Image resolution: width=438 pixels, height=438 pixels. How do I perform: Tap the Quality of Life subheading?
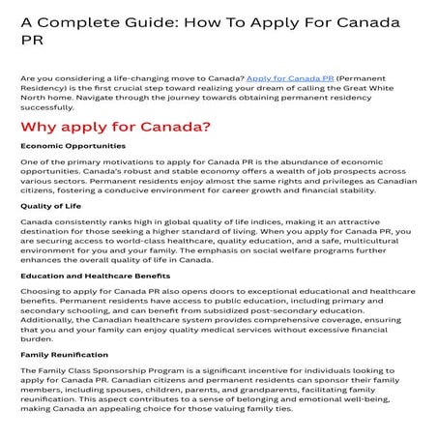50,206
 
